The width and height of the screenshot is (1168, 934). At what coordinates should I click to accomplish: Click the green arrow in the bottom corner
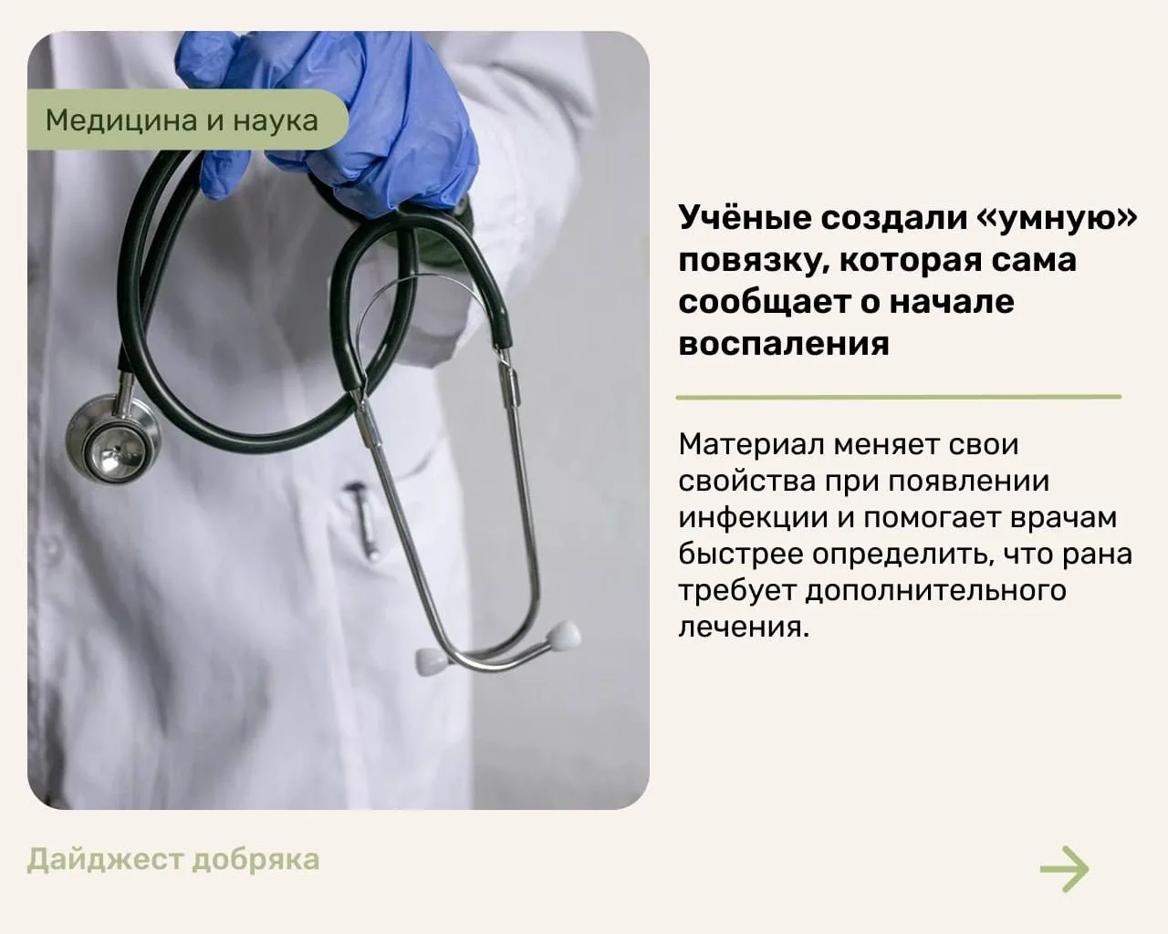(1064, 868)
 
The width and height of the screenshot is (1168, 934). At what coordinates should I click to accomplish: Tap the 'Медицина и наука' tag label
(182, 119)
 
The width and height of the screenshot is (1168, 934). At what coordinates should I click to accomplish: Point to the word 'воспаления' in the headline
(784, 344)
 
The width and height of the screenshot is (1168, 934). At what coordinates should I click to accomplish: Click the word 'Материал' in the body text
(751, 444)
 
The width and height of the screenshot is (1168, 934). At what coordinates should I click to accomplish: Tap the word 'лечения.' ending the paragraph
(744, 628)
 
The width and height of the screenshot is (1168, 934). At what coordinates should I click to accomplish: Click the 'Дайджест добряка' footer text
(173, 860)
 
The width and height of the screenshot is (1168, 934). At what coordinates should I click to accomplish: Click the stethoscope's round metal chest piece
(113, 439)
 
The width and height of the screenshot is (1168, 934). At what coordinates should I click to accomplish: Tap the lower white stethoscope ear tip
(432, 660)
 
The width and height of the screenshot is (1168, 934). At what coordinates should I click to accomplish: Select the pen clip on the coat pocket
(361, 519)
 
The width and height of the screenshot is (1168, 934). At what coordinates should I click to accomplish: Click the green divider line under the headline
(898, 398)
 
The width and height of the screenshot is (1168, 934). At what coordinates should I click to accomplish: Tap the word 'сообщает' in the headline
(765, 304)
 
